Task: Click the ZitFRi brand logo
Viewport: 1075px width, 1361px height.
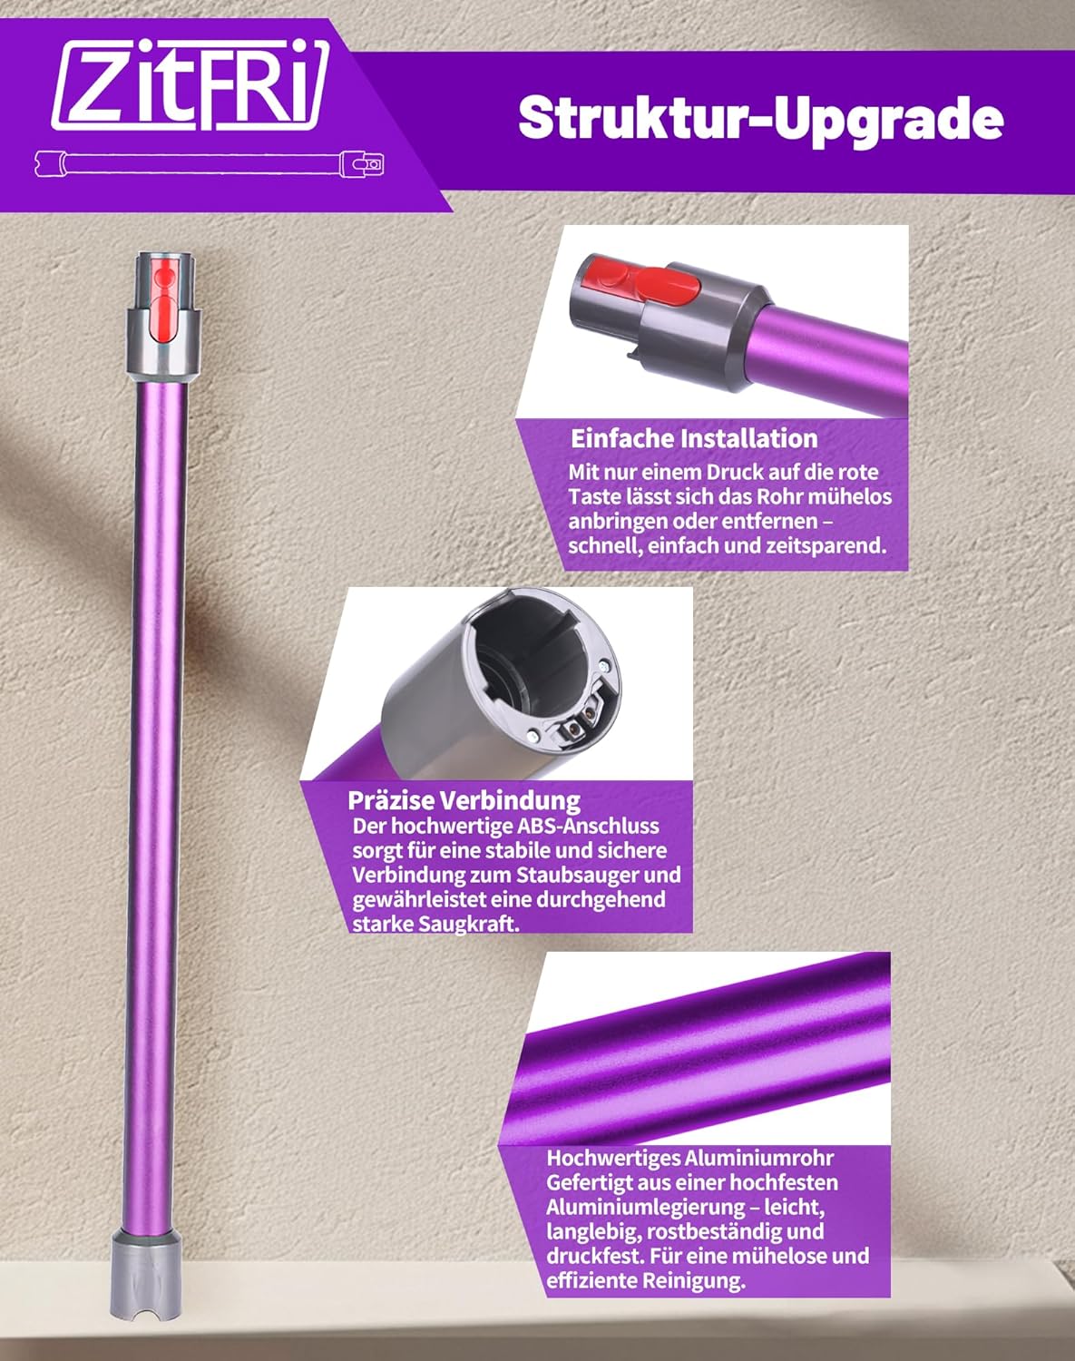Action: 191,85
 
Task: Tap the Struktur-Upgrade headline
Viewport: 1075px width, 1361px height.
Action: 761,119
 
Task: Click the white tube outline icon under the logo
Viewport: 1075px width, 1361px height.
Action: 210,164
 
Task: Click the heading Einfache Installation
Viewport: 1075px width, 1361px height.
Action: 694,438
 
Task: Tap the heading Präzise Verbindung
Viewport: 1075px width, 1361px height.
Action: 464,800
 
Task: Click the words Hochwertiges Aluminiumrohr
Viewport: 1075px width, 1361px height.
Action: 689,1159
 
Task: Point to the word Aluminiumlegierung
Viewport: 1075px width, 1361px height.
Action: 644,1208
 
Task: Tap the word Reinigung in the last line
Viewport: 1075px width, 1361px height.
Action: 694,1280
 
